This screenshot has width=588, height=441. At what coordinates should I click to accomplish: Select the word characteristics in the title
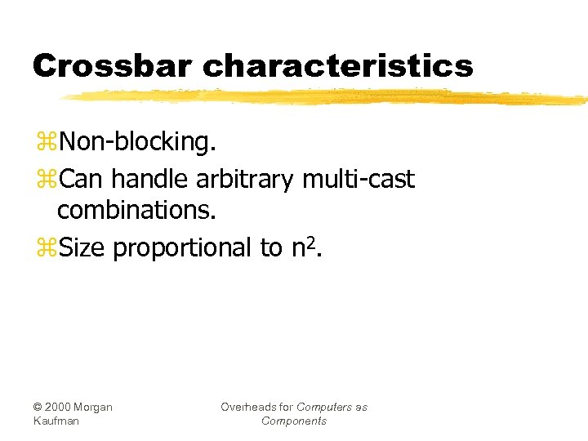coord(337,65)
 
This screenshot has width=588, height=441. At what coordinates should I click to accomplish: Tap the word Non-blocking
coord(138,141)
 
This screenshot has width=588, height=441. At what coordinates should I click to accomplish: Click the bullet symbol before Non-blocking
coord(47,142)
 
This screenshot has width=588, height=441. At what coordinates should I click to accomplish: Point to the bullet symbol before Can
coord(47,178)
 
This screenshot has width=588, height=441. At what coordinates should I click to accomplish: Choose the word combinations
coord(136,211)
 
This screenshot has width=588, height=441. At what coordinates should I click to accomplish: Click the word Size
coord(82,247)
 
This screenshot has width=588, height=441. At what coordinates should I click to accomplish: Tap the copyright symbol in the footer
coord(38,407)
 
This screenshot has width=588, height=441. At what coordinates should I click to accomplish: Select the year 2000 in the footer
coord(59,407)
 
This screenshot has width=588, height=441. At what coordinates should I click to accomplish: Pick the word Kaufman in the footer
coord(56,421)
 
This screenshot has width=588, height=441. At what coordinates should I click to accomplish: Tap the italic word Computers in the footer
coord(325,407)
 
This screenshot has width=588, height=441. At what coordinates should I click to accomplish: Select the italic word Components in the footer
coord(294,421)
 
